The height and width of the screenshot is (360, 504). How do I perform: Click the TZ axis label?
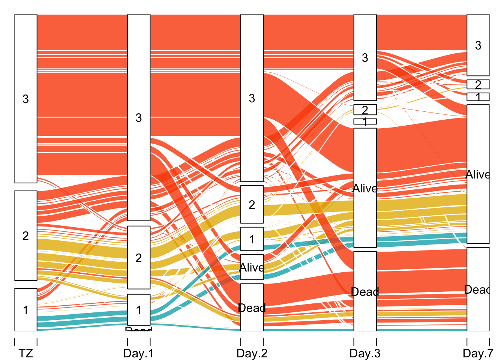coord(26,353)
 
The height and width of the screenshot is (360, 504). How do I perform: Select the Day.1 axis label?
coord(138,353)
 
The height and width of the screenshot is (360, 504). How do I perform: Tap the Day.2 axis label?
coord(252,353)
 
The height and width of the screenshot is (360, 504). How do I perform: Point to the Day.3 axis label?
coord(365,353)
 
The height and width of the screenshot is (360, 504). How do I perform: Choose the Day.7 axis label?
coord(478,353)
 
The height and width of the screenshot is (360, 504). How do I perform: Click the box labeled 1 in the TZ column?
coord(26,310)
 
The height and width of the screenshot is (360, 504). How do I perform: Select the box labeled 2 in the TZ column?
coord(26,235)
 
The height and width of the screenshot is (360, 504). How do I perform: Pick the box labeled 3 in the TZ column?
coord(26,99)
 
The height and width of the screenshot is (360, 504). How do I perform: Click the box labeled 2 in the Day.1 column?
coord(139,258)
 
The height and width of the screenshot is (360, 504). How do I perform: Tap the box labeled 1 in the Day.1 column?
coord(139,310)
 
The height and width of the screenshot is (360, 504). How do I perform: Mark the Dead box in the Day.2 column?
coord(252,307)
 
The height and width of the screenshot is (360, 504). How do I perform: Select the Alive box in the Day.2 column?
coord(252,267)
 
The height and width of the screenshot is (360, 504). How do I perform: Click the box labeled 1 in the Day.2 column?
coord(252,239)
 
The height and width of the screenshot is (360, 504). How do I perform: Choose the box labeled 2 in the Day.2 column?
coord(252,204)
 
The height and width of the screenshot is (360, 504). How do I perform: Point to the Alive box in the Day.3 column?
coord(365,188)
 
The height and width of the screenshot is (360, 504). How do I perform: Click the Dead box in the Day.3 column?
coord(365,291)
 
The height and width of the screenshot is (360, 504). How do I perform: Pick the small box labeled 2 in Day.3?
coord(365,109)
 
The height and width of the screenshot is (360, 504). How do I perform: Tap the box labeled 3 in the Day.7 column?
coord(478,45)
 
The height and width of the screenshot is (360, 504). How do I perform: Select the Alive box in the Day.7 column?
coord(478,174)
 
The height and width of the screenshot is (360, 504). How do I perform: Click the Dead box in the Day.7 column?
coord(478,289)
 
